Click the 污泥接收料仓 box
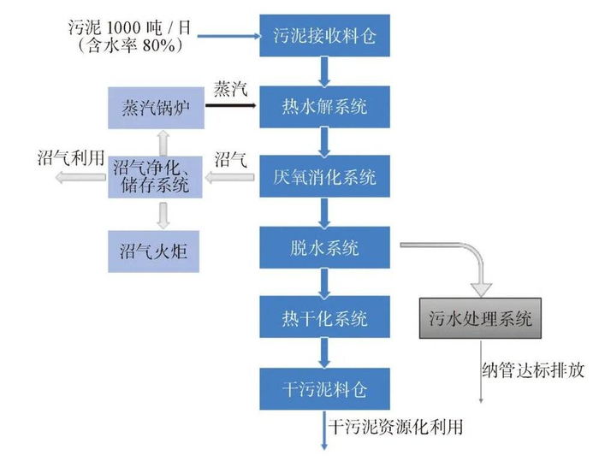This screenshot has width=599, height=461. point(323,37)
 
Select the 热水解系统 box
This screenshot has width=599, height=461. point(323,107)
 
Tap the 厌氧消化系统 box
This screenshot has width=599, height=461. point(323,178)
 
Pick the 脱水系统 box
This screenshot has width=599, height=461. point(323,248)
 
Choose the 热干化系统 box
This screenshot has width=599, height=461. point(323,318)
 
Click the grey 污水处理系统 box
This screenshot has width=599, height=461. point(480,318)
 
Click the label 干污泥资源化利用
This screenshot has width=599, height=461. point(399,425)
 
